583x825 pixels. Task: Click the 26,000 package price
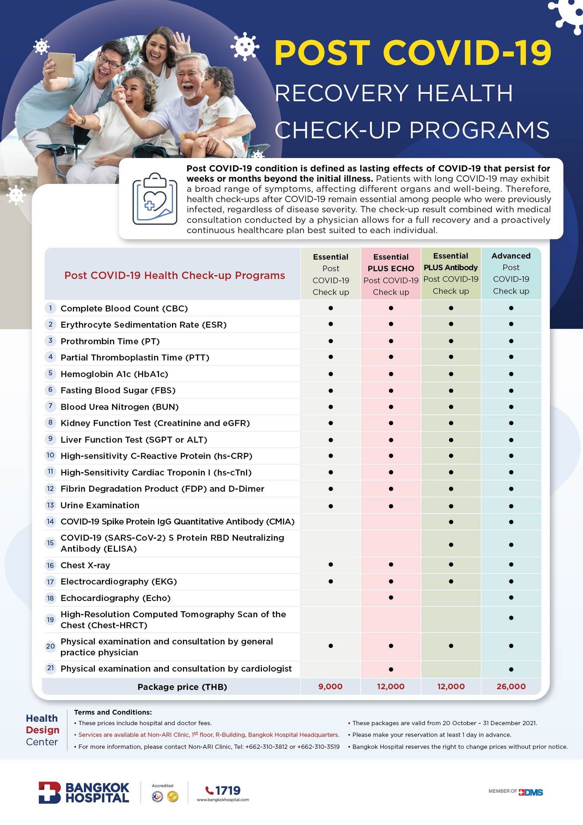click(x=511, y=686)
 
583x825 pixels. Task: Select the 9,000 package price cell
click(x=330, y=686)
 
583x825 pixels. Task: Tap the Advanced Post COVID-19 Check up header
click(x=511, y=273)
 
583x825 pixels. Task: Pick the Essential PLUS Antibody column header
click(x=451, y=273)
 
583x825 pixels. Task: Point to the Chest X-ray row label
click(x=85, y=565)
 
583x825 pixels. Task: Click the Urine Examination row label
click(x=100, y=505)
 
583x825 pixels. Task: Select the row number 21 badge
click(x=50, y=668)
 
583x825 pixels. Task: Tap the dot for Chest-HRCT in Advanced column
click(x=511, y=618)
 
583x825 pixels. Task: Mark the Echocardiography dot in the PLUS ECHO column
click(x=391, y=598)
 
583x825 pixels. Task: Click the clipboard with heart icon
click(x=155, y=199)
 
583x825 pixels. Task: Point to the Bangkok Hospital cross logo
click(x=49, y=793)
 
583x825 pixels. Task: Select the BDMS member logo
click(x=531, y=792)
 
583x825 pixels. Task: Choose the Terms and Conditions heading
click(x=113, y=712)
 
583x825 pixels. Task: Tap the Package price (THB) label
click(x=182, y=687)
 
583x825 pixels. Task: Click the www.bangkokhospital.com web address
click(x=223, y=800)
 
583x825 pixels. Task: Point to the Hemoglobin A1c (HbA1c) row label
click(x=114, y=374)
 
